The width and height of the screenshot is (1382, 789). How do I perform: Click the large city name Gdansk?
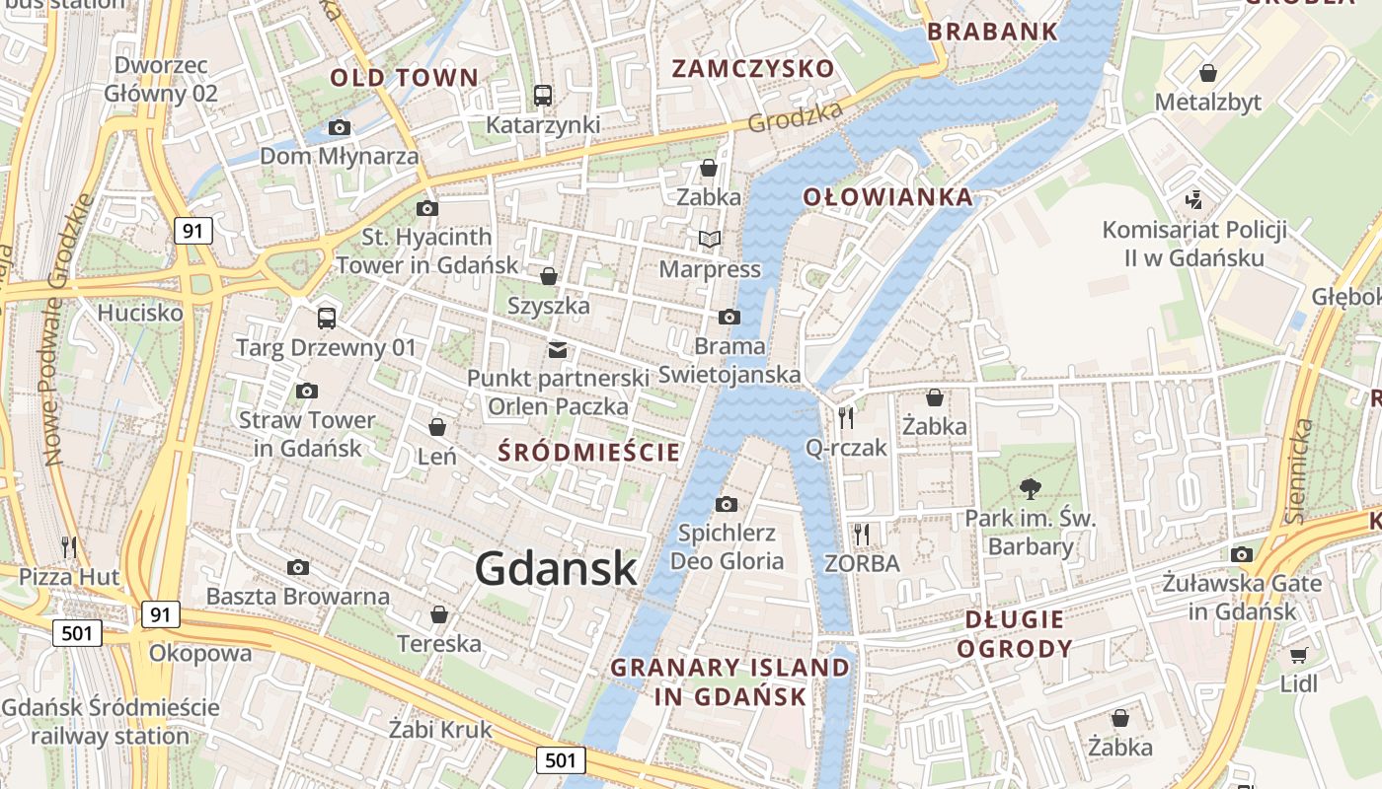coord(556,569)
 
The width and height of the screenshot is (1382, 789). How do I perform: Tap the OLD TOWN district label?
coord(404,77)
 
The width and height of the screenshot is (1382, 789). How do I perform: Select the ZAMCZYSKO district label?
coord(753,68)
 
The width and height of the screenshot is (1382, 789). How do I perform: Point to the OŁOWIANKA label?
coord(887,196)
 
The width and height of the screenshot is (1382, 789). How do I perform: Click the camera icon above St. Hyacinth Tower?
coord(427,208)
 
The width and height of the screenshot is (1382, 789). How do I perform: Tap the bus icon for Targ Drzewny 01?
coord(327,318)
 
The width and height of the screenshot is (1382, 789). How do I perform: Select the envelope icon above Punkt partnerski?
coord(558,349)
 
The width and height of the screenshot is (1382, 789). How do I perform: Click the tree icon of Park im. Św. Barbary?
coord(1031,488)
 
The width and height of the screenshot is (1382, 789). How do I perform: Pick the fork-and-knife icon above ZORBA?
coord(862,535)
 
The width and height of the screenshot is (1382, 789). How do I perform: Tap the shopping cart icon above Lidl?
coord(1298,655)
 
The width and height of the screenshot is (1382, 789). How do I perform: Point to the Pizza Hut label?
coord(69,577)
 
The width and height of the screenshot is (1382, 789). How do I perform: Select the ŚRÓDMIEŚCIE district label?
coord(589,453)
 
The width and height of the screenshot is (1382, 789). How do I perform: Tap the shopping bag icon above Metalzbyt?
coord(1207,73)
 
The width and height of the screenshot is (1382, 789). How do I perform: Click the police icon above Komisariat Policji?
coord(1193,200)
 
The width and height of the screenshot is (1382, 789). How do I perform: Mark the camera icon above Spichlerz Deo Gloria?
coord(726,505)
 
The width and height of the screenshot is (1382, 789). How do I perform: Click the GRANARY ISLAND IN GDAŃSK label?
coord(729,681)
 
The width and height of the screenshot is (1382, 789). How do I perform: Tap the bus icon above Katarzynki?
coord(542,96)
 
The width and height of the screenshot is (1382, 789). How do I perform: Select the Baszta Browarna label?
coord(297,597)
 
